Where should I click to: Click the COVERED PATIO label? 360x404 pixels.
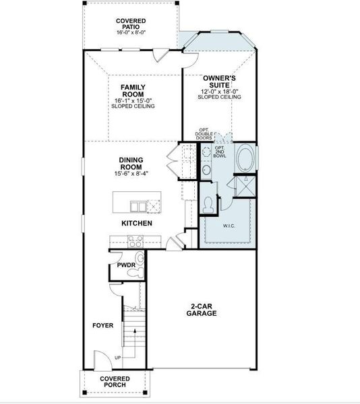point(130,24)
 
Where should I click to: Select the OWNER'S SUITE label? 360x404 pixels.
point(219,82)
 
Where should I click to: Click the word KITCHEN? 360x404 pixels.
point(136,223)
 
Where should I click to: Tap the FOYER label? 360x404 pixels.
point(102,325)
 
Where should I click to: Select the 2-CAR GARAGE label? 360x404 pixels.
point(202,310)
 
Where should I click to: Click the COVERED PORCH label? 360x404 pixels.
point(115,382)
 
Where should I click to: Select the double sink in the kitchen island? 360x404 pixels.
point(138,207)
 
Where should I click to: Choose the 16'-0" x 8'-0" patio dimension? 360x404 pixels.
point(130,32)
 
